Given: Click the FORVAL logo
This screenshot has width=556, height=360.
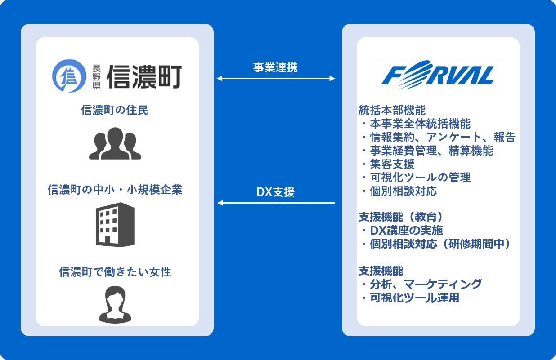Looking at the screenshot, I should point(437,75).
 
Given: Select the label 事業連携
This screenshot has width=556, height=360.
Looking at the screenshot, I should point(275,67).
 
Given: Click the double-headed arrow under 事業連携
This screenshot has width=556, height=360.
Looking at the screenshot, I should point(276,79).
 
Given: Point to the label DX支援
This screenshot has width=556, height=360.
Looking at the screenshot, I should point(275,192).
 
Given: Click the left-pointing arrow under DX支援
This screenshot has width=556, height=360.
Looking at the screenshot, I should point(276,203).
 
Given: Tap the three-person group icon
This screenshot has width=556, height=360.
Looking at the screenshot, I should point(115,144).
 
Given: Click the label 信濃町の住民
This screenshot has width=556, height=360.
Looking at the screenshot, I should point(115,110).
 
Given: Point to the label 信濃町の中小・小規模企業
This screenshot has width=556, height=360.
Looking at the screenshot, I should point(115,190).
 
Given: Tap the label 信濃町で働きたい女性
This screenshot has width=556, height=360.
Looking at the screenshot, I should point(115,271).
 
